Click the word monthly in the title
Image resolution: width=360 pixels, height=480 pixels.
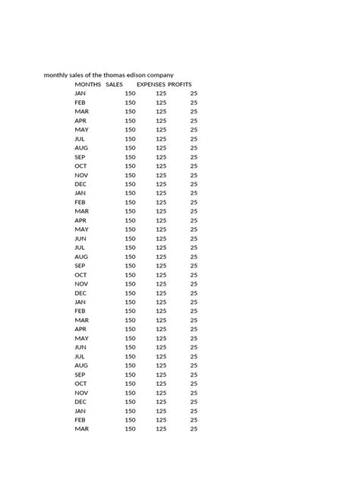click(x=57, y=75)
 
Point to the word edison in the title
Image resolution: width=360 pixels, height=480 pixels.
click(x=144, y=75)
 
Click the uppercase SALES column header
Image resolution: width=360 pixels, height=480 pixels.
click(x=114, y=84)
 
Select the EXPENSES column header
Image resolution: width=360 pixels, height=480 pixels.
click(x=151, y=84)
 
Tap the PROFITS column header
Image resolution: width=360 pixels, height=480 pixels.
click(x=180, y=84)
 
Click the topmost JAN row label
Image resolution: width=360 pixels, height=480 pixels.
click(x=80, y=93)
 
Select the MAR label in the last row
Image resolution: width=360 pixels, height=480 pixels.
click(x=82, y=429)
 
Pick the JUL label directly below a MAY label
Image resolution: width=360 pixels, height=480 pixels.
click(x=80, y=139)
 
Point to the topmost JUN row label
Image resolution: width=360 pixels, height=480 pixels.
click(x=80, y=238)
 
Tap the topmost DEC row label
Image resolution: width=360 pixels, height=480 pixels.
click(x=81, y=184)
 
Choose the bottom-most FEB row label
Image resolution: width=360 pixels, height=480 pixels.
click(x=80, y=420)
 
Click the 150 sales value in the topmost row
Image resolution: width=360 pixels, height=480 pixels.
click(x=130, y=93)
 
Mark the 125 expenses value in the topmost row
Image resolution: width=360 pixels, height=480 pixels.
click(x=161, y=93)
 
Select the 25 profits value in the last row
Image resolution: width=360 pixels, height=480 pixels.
click(x=194, y=429)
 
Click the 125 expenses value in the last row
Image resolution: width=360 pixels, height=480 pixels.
click(x=161, y=429)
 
